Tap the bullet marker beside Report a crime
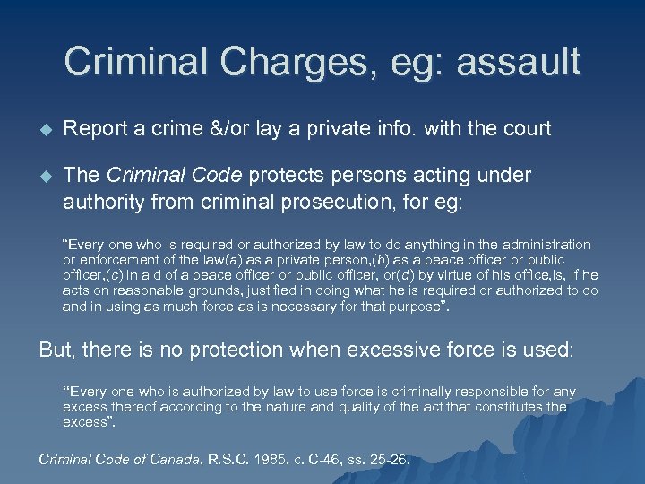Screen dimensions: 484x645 (x=45, y=129)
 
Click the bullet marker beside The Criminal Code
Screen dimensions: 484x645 (x=45, y=176)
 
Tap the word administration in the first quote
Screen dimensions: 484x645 (x=540, y=245)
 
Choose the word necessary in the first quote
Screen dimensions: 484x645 (x=345, y=306)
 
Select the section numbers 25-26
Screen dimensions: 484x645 (x=390, y=460)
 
